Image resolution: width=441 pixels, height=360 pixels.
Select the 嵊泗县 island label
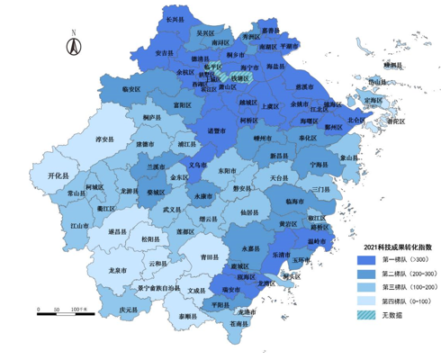(391, 65)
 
